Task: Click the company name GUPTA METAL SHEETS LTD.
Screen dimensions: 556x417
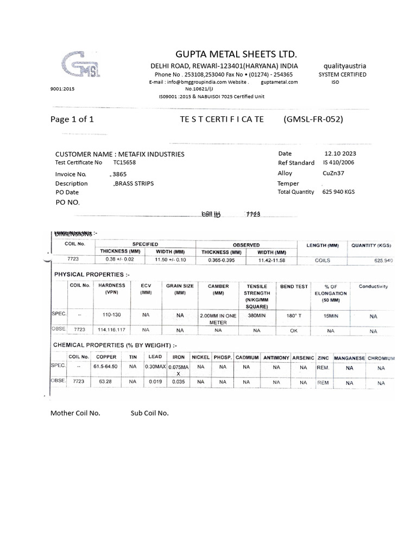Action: click(236, 54)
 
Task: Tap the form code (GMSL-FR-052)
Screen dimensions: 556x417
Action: click(313, 119)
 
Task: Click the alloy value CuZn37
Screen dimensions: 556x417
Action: click(334, 173)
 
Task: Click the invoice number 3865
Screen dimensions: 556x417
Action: click(118, 174)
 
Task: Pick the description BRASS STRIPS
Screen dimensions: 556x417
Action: click(132, 184)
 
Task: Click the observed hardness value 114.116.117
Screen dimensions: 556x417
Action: click(111, 330)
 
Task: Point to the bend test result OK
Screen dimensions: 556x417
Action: click(293, 330)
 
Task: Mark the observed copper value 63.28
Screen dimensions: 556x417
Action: click(105, 382)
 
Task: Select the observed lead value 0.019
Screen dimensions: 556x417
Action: click(155, 382)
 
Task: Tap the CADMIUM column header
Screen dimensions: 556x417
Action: click(247, 358)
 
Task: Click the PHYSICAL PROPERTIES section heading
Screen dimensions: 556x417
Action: click(92, 274)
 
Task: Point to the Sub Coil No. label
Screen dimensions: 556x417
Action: click(149, 413)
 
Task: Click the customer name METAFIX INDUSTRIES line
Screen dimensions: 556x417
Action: click(120, 154)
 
